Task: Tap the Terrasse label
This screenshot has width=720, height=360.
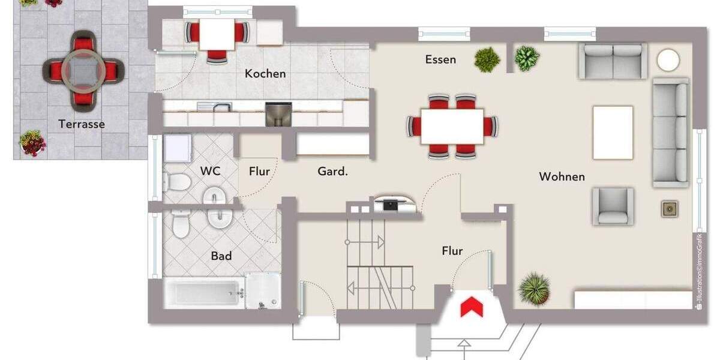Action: [x=82, y=124]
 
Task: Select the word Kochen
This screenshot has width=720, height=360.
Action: [x=265, y=74]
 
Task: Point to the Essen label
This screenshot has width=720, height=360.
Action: [x=440, y=59]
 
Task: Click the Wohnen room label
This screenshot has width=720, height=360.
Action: [x=562, y=176]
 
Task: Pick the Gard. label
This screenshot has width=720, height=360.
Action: [x=332, y=172]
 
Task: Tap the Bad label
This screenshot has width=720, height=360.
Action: [x=221, y=256]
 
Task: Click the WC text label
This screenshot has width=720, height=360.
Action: [x=210, y=171]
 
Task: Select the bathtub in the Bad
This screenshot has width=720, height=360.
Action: [x=205, y=293]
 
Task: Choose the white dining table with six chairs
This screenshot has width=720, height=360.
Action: [x=452, y=126]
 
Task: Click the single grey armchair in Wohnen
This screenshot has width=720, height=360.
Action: [x=613, y=206]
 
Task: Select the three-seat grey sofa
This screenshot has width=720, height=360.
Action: [x=670, y=133]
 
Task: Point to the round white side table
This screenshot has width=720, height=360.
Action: [x=668, y=60]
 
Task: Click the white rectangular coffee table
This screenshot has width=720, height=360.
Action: [x=613, y=133]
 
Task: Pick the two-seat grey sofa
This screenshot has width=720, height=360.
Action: [x=613, y=61]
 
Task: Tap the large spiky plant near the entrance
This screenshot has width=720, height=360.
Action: [x=533, y=288]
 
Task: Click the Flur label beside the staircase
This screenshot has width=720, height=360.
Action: [x=452, y=251]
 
